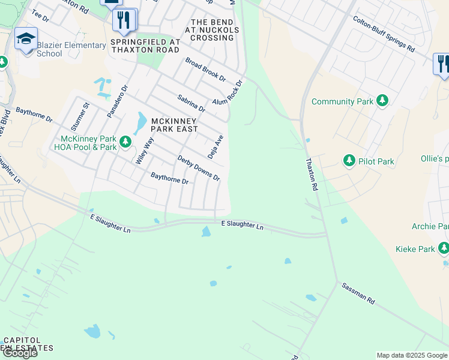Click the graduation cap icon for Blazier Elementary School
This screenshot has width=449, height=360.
pyautogui.click(x=26, y=39)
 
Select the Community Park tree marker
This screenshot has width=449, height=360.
pyautogui.click(x=381, y=101)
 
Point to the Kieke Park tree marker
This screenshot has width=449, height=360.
pyautogui.click(x=444, y=248)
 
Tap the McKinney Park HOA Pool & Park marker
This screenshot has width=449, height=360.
pyautogui.click(x=125, y=142)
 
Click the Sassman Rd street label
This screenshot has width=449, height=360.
pyautogui.click(x=358, y=293)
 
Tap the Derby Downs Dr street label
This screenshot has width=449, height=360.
pyautogui.click(x=199, y=168)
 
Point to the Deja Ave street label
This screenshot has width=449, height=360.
pyautogui.click(x=215, y=146)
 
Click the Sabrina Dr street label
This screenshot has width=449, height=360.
pyautogui.click(x=191, y=103)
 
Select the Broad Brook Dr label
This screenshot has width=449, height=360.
pyautogui.click(x=205, y=70)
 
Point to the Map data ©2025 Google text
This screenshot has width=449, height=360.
pyautogui.click(x=411, y=355)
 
